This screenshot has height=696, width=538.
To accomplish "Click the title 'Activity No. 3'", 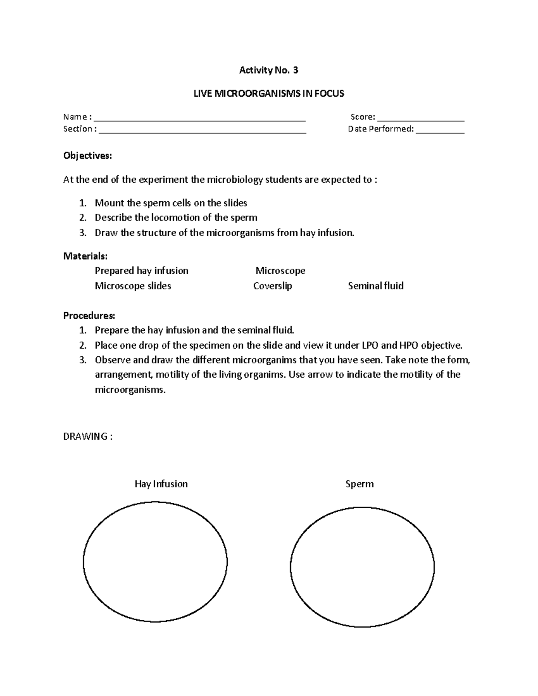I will coord(269,70).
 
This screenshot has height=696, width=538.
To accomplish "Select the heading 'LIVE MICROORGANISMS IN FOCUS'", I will coord(269,94).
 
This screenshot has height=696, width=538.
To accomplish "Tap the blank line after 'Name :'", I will coord(200,119).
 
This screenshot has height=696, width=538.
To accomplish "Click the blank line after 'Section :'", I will coord(202,131).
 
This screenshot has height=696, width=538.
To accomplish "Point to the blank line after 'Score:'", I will coord(421,119).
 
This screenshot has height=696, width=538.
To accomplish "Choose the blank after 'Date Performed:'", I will coord(440,131).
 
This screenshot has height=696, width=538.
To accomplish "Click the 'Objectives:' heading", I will coord(87,156).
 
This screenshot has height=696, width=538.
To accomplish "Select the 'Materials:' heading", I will coord(85,256).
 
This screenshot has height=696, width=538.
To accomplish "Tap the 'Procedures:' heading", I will coord(89,316).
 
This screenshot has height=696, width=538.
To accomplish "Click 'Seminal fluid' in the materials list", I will coord(376,286).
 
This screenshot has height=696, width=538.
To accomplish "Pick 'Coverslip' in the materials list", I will coord(273,286).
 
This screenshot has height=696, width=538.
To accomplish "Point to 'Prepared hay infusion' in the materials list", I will coord(142,271).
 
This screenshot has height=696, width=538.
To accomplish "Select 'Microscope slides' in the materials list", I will coord(133,286).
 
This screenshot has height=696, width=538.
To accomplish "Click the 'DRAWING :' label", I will coord(88,437).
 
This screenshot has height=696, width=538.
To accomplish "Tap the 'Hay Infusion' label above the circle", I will coord(161,484).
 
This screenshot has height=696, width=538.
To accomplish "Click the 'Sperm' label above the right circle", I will coord(360,484).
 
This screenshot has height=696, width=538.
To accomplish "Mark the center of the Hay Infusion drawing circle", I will coord(155,562).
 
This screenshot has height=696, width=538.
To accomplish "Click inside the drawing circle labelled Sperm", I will coord(362,567).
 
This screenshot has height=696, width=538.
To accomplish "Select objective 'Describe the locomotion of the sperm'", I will coord(176,218).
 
